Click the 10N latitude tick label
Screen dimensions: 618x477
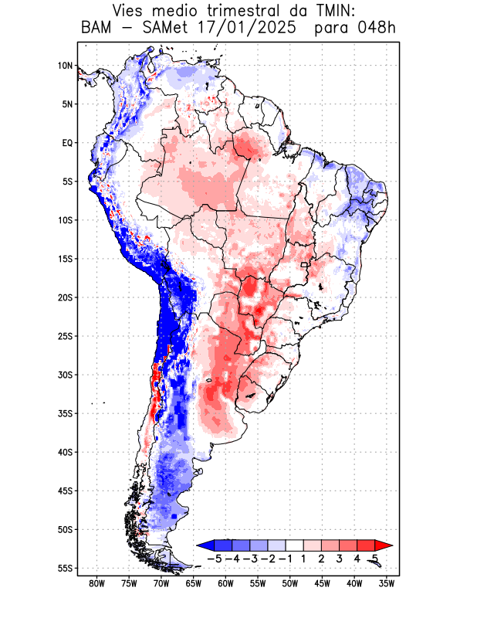coord(65,66)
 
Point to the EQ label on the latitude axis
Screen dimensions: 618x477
coord(67,143)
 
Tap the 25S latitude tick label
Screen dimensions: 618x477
coord(65,336)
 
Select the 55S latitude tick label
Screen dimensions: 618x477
coord(65,568)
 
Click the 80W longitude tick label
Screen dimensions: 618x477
coord(96,583)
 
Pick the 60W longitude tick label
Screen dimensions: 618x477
coord(225,583)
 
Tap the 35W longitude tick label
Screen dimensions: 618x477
coord(387,583)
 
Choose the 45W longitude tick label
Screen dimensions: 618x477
coord(322,583)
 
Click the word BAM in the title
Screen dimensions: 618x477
coord(97,29)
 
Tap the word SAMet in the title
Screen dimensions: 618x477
coord(164,29)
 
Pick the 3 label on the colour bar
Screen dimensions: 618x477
coord(339,558)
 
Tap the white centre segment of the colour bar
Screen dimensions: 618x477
coord(296,545)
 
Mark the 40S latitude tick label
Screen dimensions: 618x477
coord(65,452)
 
